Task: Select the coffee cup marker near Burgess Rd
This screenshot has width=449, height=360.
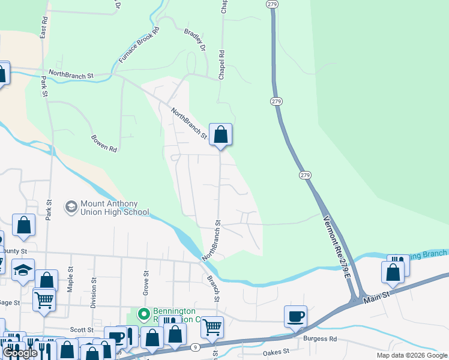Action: pyautogui.click(x=295, y=316)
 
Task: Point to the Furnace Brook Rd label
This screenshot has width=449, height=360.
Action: pyautogui.click(x=139, y=46)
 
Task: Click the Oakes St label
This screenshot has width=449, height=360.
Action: pyautogui.click(x=276, y=352)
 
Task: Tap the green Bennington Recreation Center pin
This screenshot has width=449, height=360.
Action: pyautogui.click(x=143, y=313)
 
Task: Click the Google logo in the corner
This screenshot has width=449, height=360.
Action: pyautogui.click(x=20, y=353)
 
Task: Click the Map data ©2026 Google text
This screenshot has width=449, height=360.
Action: pyautogui.click(x=412, y=355)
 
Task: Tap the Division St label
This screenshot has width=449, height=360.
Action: pyautogui.click(x=93, y=292)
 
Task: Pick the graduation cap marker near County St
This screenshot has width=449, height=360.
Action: pyautogui.click(x=23, y=271)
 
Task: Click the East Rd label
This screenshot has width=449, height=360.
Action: pyautogui.click(x=44, y=29)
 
